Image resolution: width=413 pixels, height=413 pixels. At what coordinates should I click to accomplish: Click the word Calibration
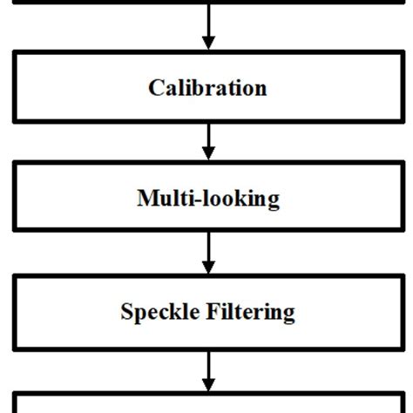(207, 88)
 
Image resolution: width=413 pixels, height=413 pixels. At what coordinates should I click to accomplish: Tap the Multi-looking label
(208, 199)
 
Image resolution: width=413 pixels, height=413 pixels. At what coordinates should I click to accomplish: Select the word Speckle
(154, 311)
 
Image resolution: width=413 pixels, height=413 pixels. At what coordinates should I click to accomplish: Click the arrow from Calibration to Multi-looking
(207, 139)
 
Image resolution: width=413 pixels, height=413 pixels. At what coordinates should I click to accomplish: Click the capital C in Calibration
(156, 88)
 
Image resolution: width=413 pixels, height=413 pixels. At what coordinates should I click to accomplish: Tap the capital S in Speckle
(126, 311)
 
